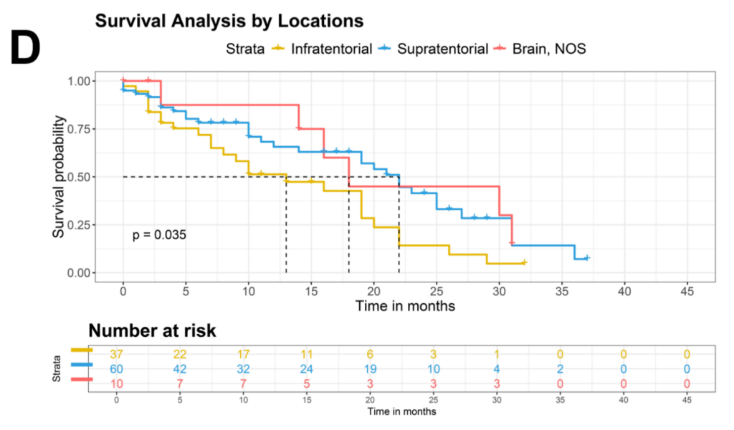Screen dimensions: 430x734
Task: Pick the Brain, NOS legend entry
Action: tap(548, 49)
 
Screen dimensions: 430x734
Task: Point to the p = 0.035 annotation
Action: tap(160, 234)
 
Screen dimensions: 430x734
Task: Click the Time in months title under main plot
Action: tap(405, 306)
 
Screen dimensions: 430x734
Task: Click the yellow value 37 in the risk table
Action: tap(117, 354)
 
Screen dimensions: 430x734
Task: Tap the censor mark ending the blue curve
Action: tap(587, 258)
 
